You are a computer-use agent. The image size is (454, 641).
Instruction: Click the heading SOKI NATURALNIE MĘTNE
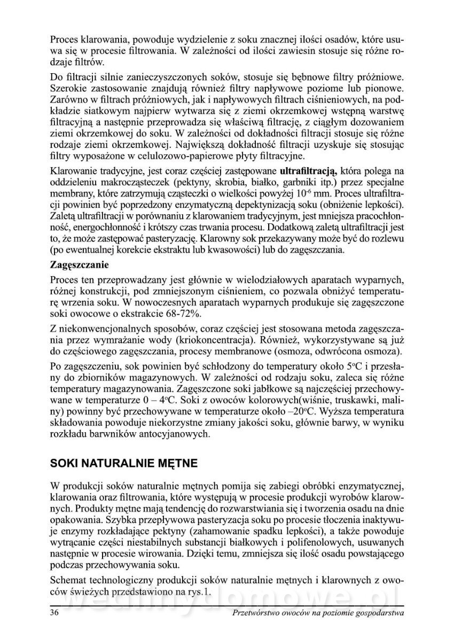123,463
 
